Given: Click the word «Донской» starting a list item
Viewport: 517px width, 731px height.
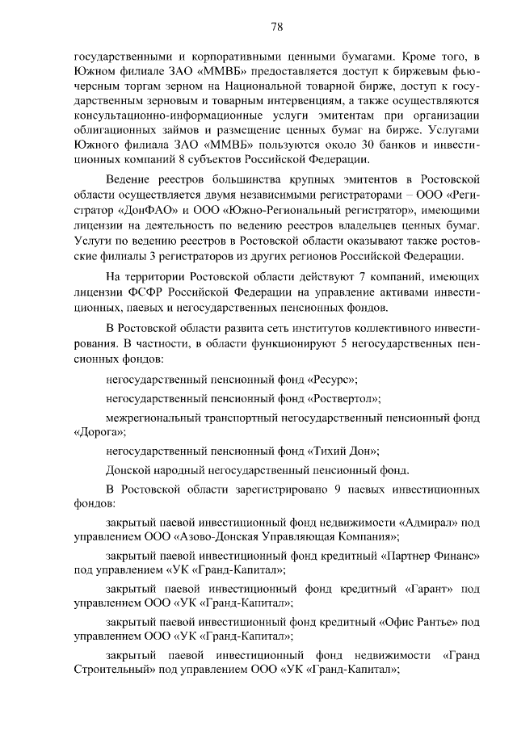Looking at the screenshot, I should click(x=126, y=470).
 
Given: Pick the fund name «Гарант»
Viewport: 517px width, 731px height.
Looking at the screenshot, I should click(x=401, y=589).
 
